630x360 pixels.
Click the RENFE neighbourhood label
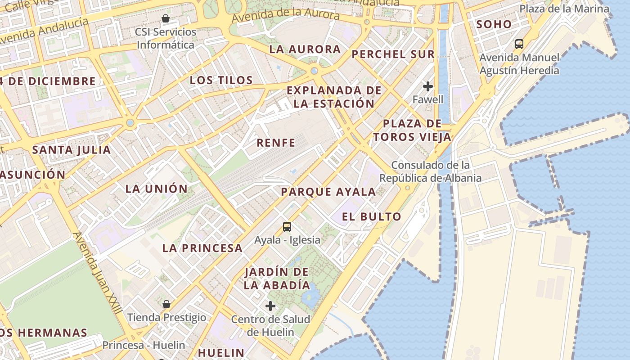click(x=276, y=143)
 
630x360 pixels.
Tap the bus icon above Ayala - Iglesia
click(x=287, y=227)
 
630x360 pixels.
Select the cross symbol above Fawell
click(x=428, y=86)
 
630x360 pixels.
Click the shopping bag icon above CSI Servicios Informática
click(x=166, y=18)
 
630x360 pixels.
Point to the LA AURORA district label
click(x=305, y=49)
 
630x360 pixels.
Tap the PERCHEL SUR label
click(x=393, y=54)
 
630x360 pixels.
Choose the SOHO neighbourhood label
click(x=494, y=24)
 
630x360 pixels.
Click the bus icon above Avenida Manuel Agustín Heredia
click(x=519, y=44)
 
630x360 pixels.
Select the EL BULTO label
click(x=371, y=217)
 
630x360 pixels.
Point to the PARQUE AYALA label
click(x=328, y=192)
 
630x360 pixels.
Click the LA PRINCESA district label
click(x=202, y=248)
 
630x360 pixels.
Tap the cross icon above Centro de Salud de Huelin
click(x=270, y=306)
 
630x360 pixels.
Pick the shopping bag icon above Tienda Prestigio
click(x=166, y=304)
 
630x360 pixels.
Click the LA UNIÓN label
click(x=156, y=189)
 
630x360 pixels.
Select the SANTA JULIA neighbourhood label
click(x=72, y=150)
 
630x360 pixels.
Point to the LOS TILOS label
click(x=221, y=81)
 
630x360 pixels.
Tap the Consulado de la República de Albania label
click(x=430, y=171)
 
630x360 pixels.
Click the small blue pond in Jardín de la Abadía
click(x=310, y=296)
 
